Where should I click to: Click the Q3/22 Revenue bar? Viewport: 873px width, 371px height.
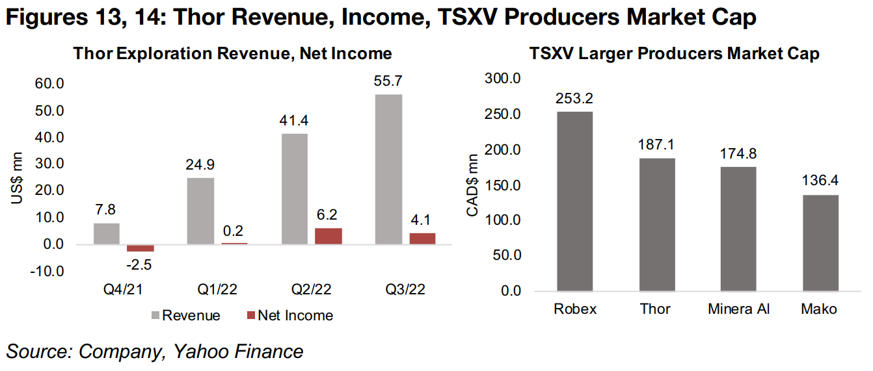click(x=388, y=169)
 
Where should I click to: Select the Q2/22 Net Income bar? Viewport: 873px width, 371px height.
click(x=328, y=236)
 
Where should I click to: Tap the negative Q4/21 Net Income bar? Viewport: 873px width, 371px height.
click(x=141, y=248)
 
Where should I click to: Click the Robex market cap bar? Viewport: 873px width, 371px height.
click(x=574, y=201)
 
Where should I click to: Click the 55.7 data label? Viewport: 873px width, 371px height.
click(x=388, y=83)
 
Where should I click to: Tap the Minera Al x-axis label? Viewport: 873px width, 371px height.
click(x=739, y=309)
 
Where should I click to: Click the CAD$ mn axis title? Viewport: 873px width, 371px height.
click(x=474, y=185)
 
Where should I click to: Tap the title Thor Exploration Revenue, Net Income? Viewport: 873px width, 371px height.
click(x=232, y=53)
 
